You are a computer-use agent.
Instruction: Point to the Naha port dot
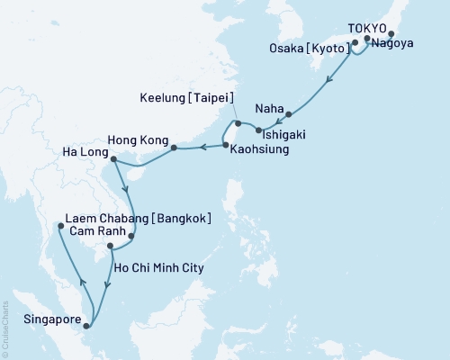tap(289, 114)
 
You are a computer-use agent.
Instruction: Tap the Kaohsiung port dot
tap(225, 145)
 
